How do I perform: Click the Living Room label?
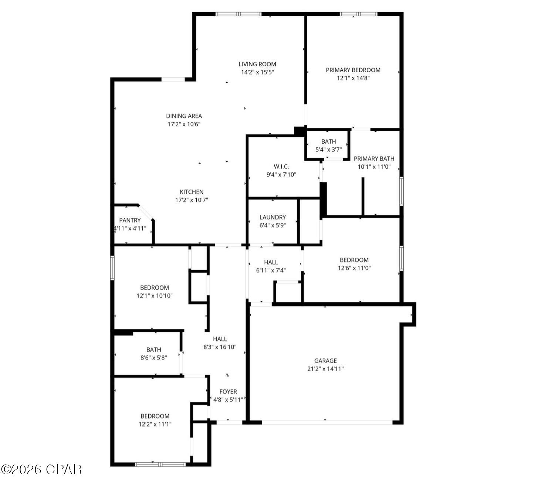(257, 64)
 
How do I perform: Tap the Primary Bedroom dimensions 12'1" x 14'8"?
(353, 78)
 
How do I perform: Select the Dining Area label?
(184, 116)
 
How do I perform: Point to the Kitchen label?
(192, 192)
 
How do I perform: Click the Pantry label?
(130, 220)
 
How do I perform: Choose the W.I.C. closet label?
(281, 167)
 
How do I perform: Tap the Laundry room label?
(273, 217)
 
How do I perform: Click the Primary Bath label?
(374, 158)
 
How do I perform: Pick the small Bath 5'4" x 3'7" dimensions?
(328, 150)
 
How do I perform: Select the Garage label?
(325, 361)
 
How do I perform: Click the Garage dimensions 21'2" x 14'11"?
(325, 369)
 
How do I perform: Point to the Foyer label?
(228, 392)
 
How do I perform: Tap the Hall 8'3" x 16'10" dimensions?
(220, 347)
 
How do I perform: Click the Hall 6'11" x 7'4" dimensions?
(271, 270)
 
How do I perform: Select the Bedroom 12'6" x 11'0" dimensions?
(354, 268)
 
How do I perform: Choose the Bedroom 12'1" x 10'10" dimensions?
(155, 296)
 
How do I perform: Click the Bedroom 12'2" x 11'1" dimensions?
(155, 424)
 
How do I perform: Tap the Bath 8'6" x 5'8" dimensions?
(153, 358)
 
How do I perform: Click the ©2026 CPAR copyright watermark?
(41, 469)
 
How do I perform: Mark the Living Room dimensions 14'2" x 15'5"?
(257, 72)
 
